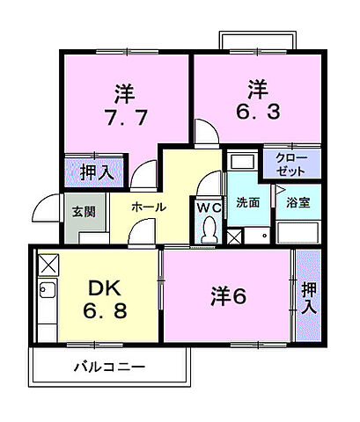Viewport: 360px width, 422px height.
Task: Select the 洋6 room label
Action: [x=227, y=297]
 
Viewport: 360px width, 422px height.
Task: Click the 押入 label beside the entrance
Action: [x=96, y=173]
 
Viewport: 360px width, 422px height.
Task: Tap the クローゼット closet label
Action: [x=290, y=163]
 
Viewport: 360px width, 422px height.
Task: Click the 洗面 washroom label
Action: [x=247, y=203]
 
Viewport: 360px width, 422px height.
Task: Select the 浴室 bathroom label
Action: [x=298, y=203]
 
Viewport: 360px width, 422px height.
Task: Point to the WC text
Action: [x=209, y=207]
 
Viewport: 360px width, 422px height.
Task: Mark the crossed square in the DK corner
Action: [x=48, y=264]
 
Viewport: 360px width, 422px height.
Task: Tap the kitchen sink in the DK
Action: [x=48, y=294]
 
